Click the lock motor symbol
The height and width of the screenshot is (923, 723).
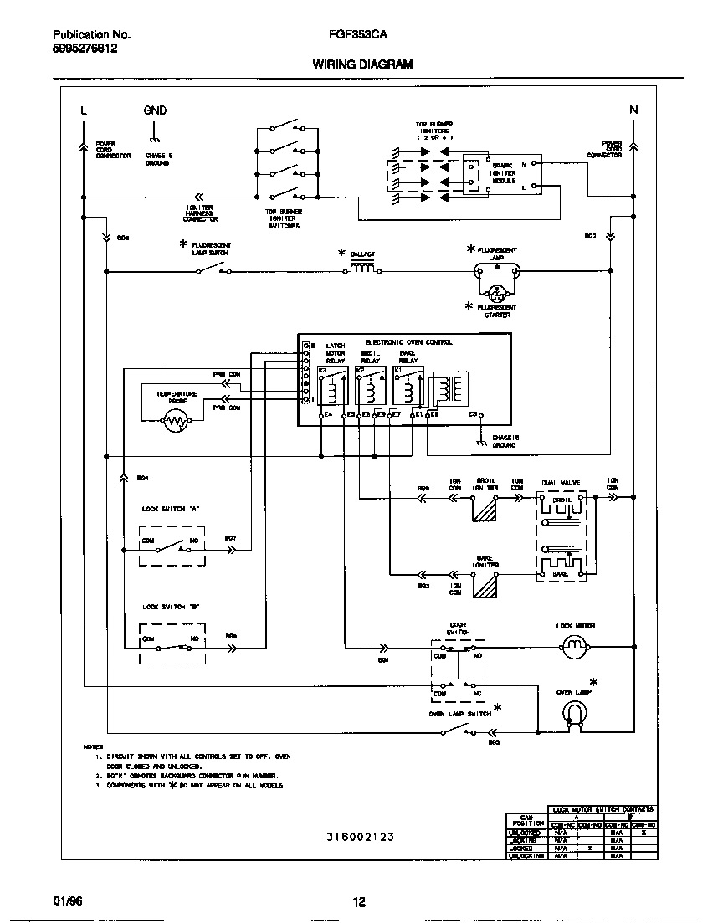pyautogui.click(x=575, y=645)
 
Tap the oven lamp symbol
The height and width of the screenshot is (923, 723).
pyautogui.click(x=575, y=712)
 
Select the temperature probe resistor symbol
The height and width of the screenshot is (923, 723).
pyautogui.click(x=176, y=423)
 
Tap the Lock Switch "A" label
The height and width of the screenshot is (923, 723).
pyautogui.click(x=171, y=509)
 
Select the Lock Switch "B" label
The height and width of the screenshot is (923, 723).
pyautogui.click(x=171, y=607)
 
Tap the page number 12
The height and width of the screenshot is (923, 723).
pyautogui.click(x=359, y=901)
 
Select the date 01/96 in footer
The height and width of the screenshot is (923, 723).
pyautogui.click(x=66, y=900)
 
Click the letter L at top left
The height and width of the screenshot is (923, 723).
pyautogui.click(x=83, y=110)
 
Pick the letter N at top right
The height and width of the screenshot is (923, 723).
pyautogui.click(x=633, y=110)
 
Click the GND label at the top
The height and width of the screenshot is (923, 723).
pyautogui.click(x=155, y=110)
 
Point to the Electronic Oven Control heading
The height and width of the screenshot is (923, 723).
pyautogui.click(x=408, y=342)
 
